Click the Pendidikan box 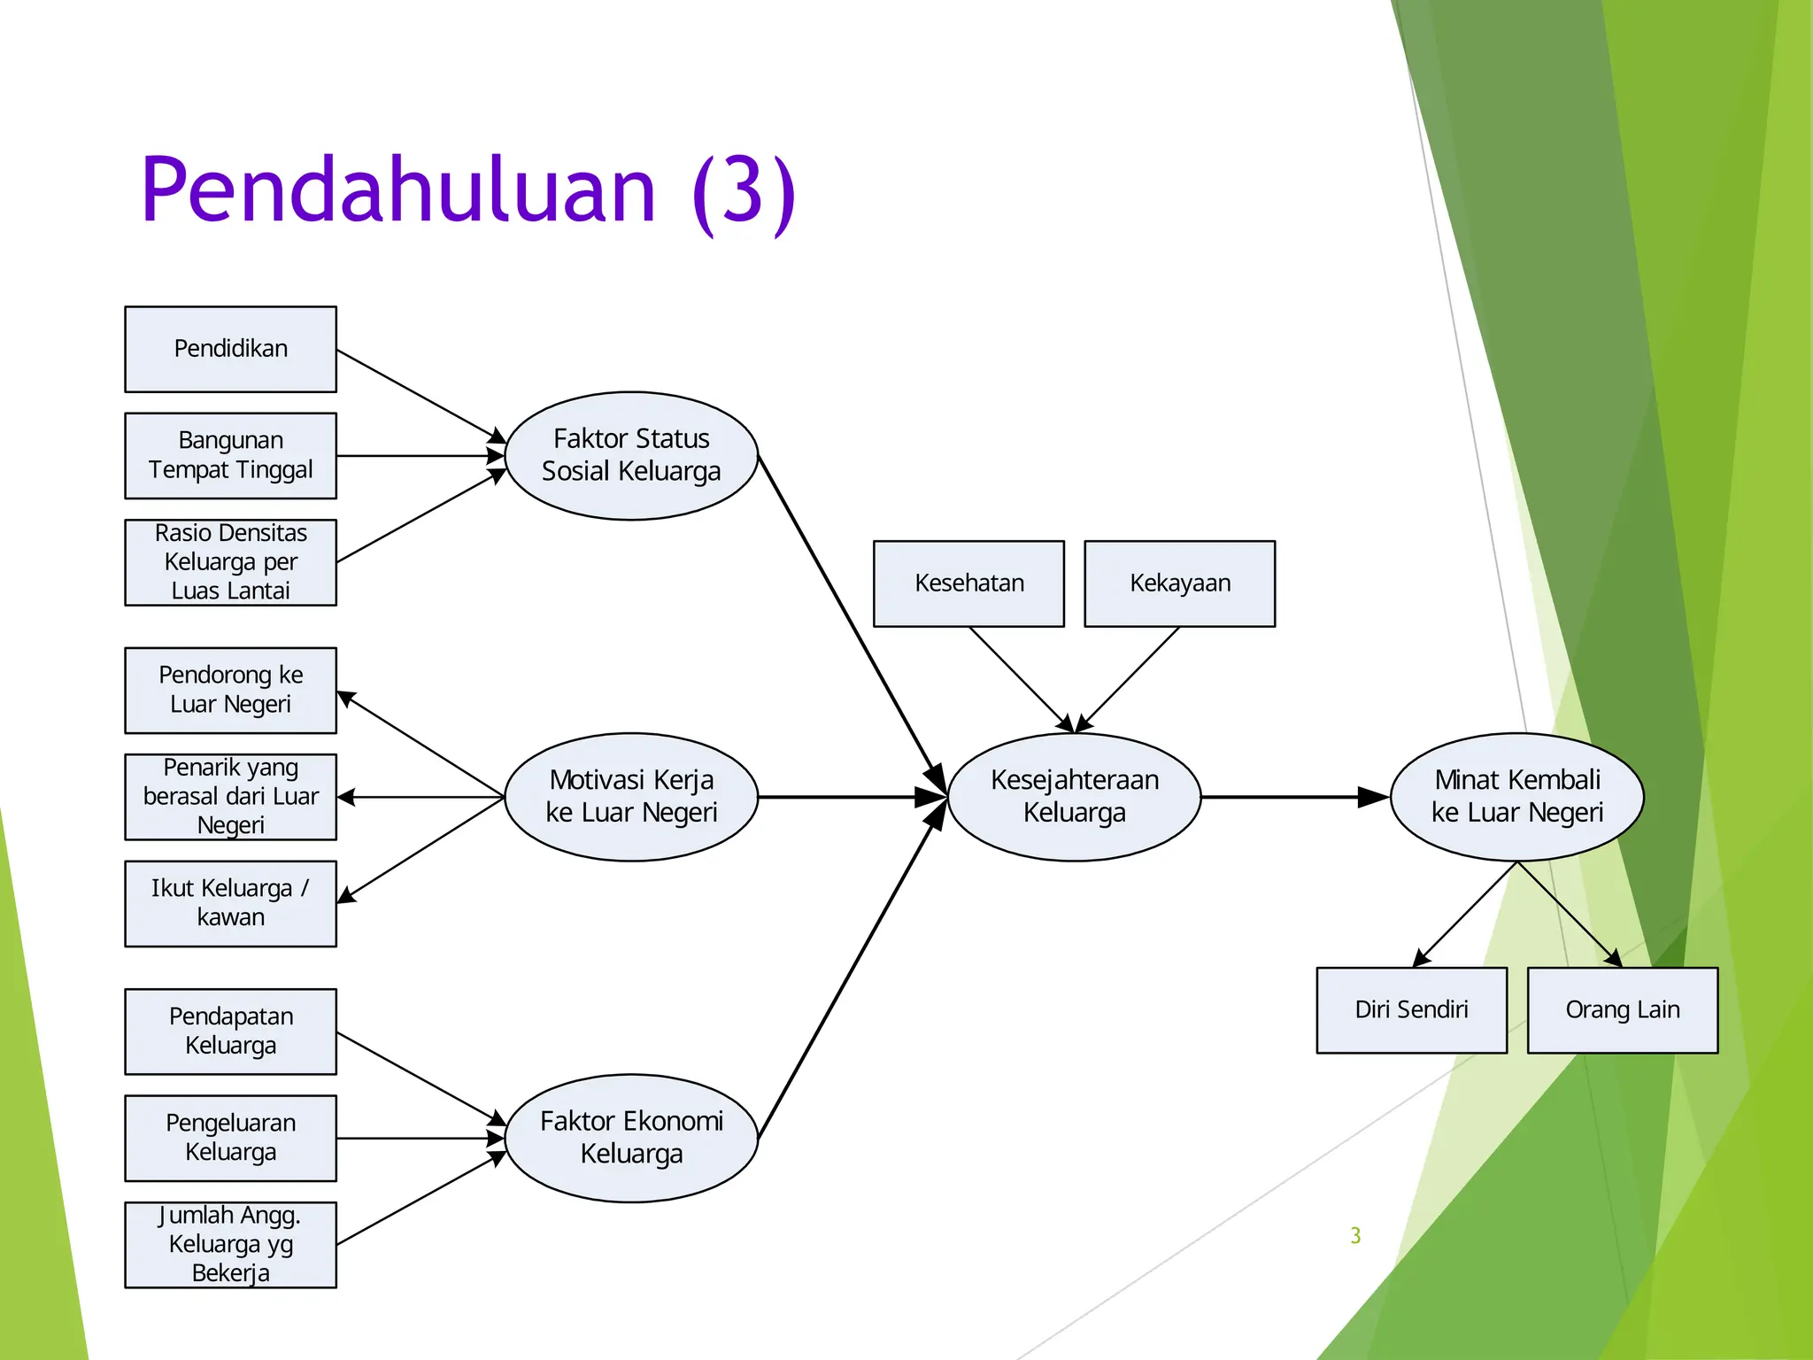pos(230,349)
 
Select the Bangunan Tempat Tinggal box pos(230,455)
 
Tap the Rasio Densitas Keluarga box pos(230,562)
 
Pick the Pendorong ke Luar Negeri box pos(230,690)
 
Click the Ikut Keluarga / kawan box pos(230,903)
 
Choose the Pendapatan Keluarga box pos(230,1032)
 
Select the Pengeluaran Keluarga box pos(230,1138)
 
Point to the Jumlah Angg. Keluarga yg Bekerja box pos(230,1244)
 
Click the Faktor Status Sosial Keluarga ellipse pos(631,455)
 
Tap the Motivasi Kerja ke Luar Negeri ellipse pos(631,796)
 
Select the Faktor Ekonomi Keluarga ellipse pos(631,1138)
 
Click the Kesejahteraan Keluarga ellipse pos(1074,796)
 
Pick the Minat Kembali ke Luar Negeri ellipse pos(1516,796)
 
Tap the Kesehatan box pos(968,583)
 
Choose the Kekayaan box pos(1179,583)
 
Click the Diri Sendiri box pos(1411,1009)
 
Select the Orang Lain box pos(1622,1009)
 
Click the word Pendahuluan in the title pos(398,190)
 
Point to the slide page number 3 pos(1355,1235)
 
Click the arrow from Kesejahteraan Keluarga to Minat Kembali pos(1292,797)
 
